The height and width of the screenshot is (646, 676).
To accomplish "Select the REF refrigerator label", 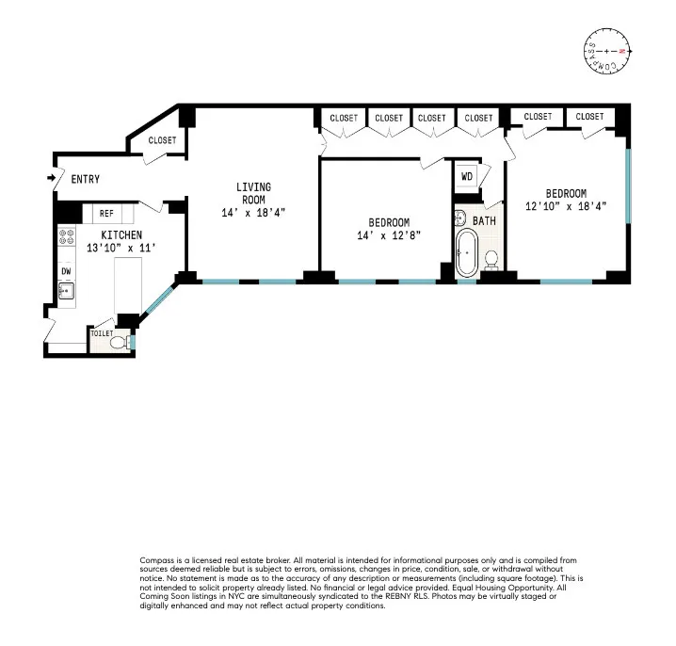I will [107, 214].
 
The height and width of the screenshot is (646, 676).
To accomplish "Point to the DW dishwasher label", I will [66, 271].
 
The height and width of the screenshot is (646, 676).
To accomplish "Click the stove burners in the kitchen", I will [66, 239].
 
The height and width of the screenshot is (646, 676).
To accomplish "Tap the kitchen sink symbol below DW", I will [66, 291].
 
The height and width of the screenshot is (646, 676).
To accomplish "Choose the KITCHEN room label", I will [121, 234].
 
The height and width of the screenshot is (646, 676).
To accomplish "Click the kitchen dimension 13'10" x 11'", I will [121, 247].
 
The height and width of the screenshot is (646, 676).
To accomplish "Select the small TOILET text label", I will [102, 333].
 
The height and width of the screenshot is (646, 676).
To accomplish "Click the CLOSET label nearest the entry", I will [162, 140].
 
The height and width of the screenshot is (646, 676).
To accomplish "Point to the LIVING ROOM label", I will [252, 193].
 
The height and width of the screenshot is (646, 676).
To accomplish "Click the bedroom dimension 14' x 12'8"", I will [389, 235].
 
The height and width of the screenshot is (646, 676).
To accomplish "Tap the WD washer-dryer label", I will [467, 176].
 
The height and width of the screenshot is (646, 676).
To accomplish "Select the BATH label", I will [484, 221].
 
